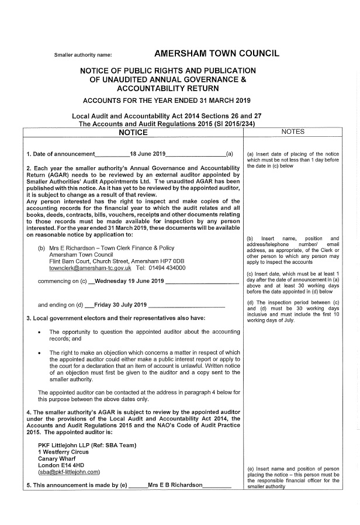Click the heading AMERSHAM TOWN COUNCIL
(217, 54)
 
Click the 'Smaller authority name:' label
(82, 55)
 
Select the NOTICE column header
(133, 133)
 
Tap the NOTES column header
(293, 132)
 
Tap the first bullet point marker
(39, 331)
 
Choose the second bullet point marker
(39, 353)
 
